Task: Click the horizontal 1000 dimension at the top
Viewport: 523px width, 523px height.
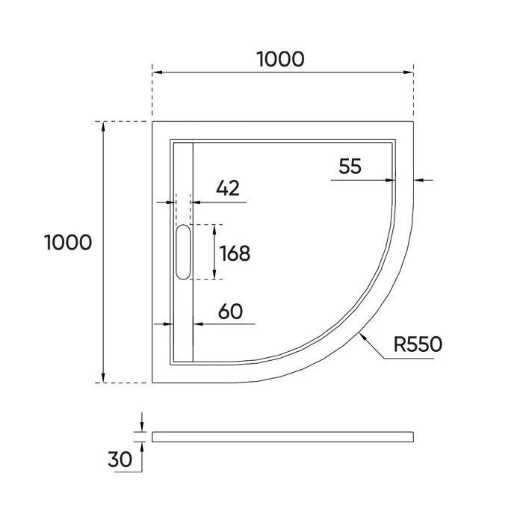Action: click(281, 58)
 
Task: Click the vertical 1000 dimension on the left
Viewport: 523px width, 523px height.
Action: click(68, 242)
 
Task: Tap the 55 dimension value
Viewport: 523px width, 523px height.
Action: click(350, 166)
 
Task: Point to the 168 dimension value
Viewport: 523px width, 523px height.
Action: click(233, 253)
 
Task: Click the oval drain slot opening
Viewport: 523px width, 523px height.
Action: click(184, 253)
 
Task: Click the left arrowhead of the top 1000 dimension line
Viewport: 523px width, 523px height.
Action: click(157, 72)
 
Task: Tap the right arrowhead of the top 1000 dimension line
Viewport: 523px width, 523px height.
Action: click(409, 72)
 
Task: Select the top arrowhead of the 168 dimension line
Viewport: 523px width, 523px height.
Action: click(215, 228)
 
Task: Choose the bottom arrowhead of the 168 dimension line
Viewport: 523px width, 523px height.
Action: click(215, 276)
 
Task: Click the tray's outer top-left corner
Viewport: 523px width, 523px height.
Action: click(152, 121)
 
